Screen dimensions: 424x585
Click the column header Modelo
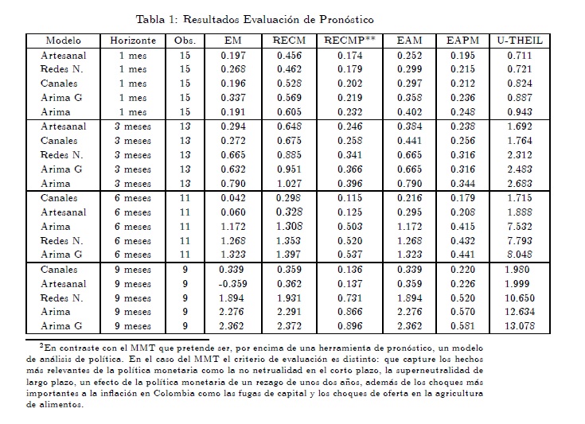pyautogui.click(x=63, y=41)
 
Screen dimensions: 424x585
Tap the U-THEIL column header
pyautogui.click(x=519, y=41)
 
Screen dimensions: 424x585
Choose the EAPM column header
pyautogui.click(x=462, y=41)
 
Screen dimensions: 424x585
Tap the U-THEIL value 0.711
pyautogui.click(x=519, y=56)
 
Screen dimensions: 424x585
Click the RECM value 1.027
pyautogui.click(x=290, y=183)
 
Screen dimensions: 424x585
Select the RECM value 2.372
pyautogui.click(x=290, y=325)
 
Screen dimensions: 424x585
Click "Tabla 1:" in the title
pyautogui.click(x=157, y=18)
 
